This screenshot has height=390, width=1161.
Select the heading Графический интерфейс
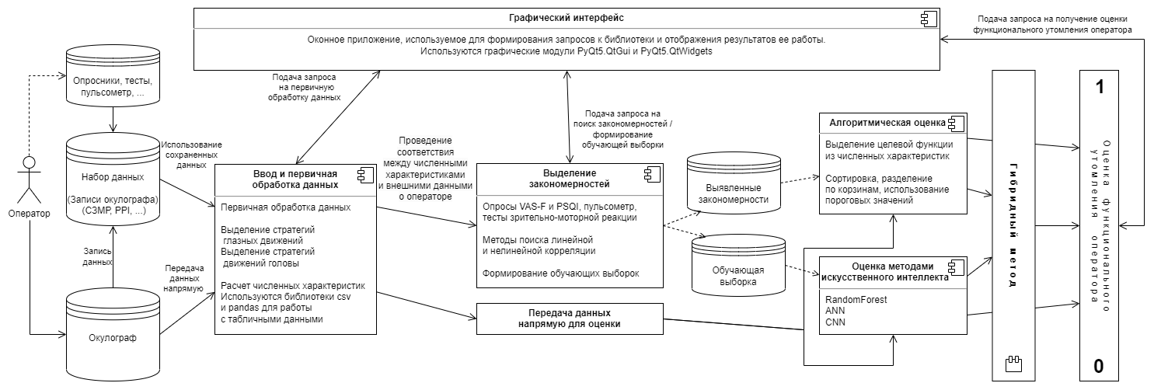click(564, 17)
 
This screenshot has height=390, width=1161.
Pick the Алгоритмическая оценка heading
click(886, 123)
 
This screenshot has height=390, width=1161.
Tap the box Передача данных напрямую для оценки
click(569, 319)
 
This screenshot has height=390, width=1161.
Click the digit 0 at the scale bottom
click(1099, 366)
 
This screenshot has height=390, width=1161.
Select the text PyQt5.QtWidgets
click(669, 51)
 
